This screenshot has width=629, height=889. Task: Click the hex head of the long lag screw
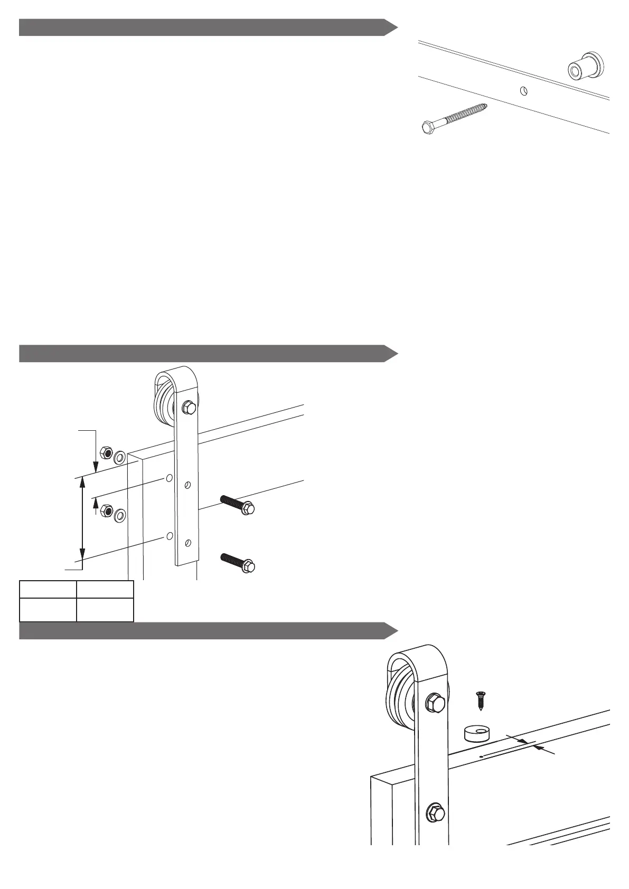[427, 127]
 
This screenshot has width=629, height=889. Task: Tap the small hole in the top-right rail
[523, 91]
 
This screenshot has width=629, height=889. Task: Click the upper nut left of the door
[106, 453]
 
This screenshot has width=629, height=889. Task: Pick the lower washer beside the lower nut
[120, 514]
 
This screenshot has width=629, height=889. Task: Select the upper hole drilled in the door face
[169, 478]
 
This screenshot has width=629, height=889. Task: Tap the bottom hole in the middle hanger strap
[188, 543]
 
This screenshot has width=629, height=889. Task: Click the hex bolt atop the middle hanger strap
[188, 408]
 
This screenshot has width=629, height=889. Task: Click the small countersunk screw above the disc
[481, 700]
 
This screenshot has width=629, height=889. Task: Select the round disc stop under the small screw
[477, 733]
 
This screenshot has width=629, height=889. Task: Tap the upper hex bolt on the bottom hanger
[434, 704]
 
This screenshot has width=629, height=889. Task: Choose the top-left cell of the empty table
[48, 589]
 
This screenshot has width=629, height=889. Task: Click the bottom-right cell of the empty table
[105, 610]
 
